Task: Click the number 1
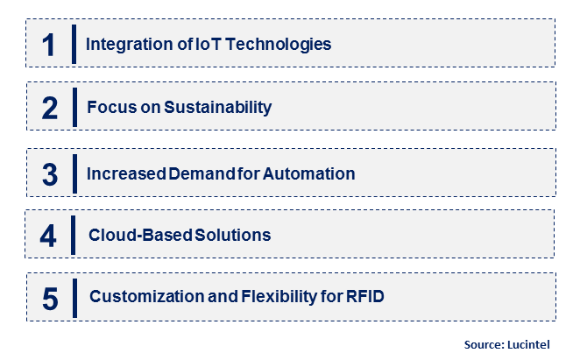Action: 48,46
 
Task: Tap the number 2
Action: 50,108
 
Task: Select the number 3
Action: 50,174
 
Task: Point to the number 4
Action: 48,236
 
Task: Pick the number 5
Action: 50,299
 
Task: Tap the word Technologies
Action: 278,45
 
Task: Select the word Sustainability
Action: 218,107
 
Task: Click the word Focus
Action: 112,107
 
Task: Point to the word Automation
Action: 309,173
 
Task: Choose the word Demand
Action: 202,173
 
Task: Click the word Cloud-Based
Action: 140,235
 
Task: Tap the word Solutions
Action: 233,235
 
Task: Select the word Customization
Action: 147,296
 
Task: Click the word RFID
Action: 365,296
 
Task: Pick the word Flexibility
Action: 279,297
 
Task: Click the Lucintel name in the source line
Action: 528,344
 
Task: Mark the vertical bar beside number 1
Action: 74,44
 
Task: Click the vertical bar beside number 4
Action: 73,236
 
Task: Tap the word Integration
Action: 130,45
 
